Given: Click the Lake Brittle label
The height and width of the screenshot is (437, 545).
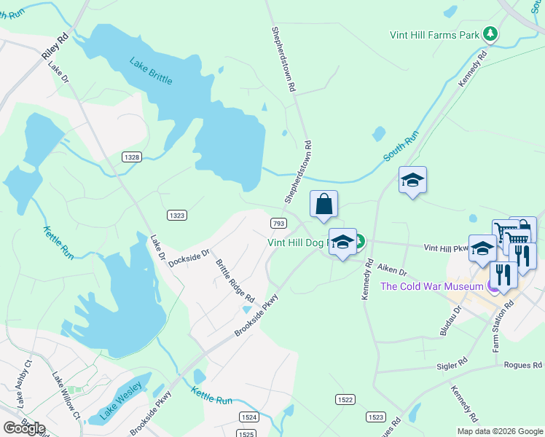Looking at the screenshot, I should click(x=152, y=71).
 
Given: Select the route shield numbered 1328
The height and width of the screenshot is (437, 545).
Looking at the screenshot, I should click(x=132, y=157).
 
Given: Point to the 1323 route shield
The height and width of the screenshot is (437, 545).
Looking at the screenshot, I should click(x=177, y=215).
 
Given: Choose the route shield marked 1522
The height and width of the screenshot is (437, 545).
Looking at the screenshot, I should click(x=345, y=400).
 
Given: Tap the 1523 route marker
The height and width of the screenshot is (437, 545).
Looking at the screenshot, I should click(x=376, y=417).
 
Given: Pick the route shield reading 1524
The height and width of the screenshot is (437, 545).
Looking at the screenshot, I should click(x=249, y=416).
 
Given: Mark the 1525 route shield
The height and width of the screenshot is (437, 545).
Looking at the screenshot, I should click(x=248, y=433).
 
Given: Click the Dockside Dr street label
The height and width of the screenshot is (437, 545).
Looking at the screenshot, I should click(x=189, y=258).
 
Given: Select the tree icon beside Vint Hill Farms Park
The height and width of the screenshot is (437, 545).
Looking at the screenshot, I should click(x=491, y=34).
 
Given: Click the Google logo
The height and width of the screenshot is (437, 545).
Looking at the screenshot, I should click(x=24, y=428).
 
